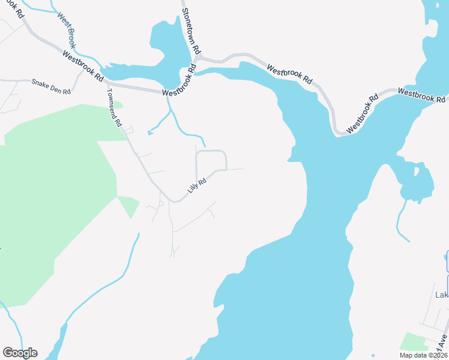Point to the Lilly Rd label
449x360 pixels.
196,184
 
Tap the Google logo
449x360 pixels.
20,353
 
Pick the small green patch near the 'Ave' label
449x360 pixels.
413,341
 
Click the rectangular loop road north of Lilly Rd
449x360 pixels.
211,160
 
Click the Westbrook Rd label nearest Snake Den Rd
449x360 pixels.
82,65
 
